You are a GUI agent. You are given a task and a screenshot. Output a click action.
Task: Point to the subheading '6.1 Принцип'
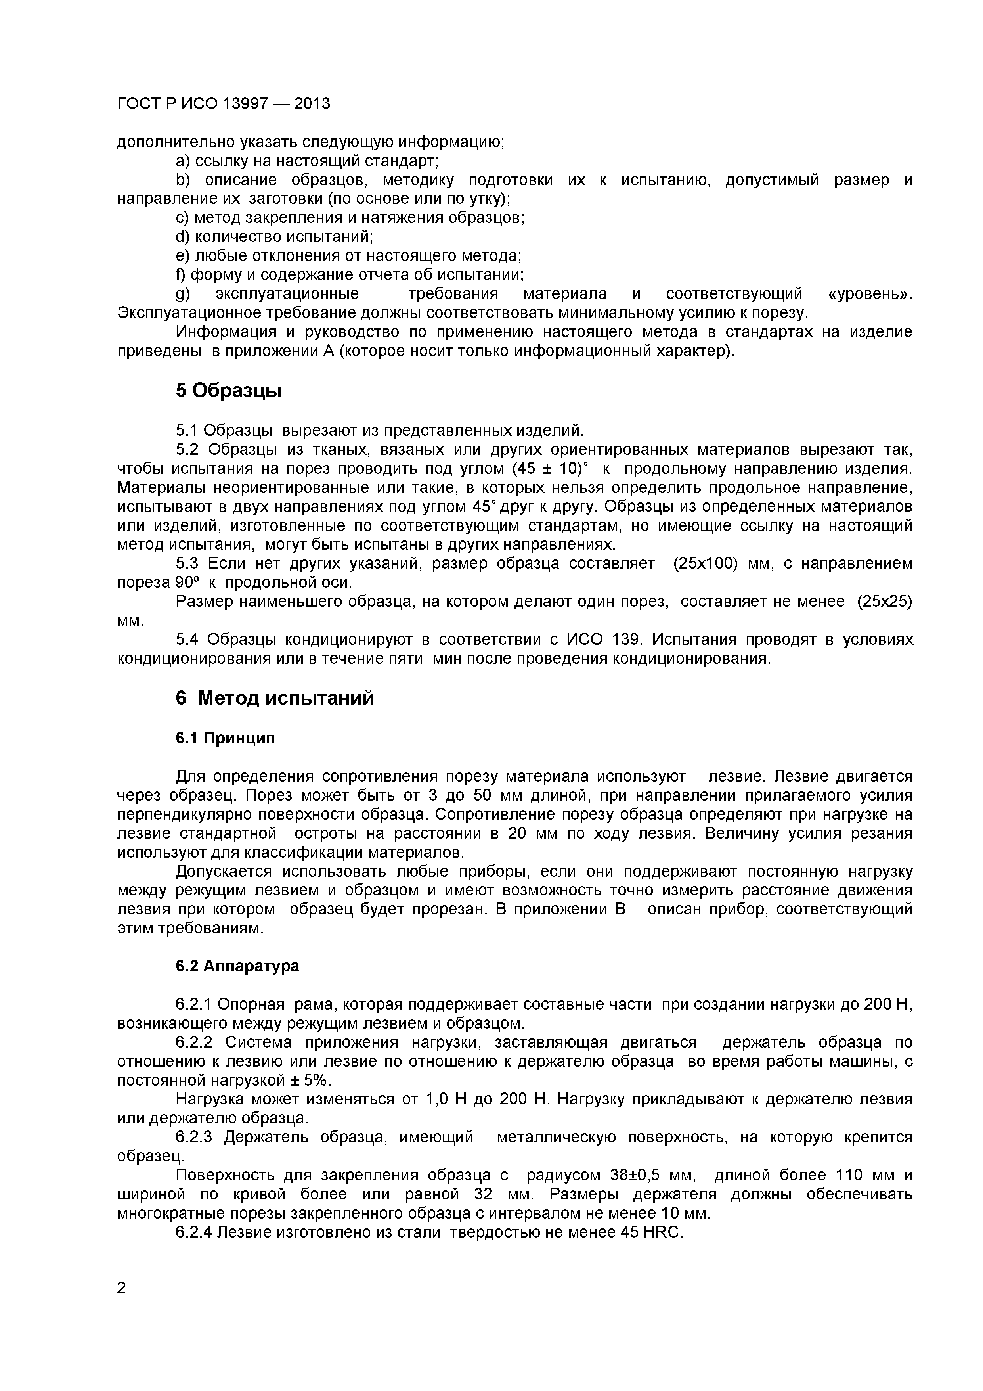(x=225, y=738)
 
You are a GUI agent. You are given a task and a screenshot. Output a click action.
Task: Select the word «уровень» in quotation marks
(x=869, y=294)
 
